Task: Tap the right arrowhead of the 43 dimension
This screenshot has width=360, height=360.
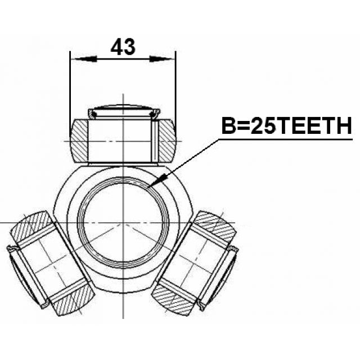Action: [x=161, y=58]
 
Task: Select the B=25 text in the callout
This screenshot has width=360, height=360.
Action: [x=249, y=125]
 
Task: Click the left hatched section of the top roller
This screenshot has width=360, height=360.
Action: [x=79, y=141]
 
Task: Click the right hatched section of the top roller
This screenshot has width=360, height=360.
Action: [x=167, y=141]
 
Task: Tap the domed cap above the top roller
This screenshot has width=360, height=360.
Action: [x=124, y=111]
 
